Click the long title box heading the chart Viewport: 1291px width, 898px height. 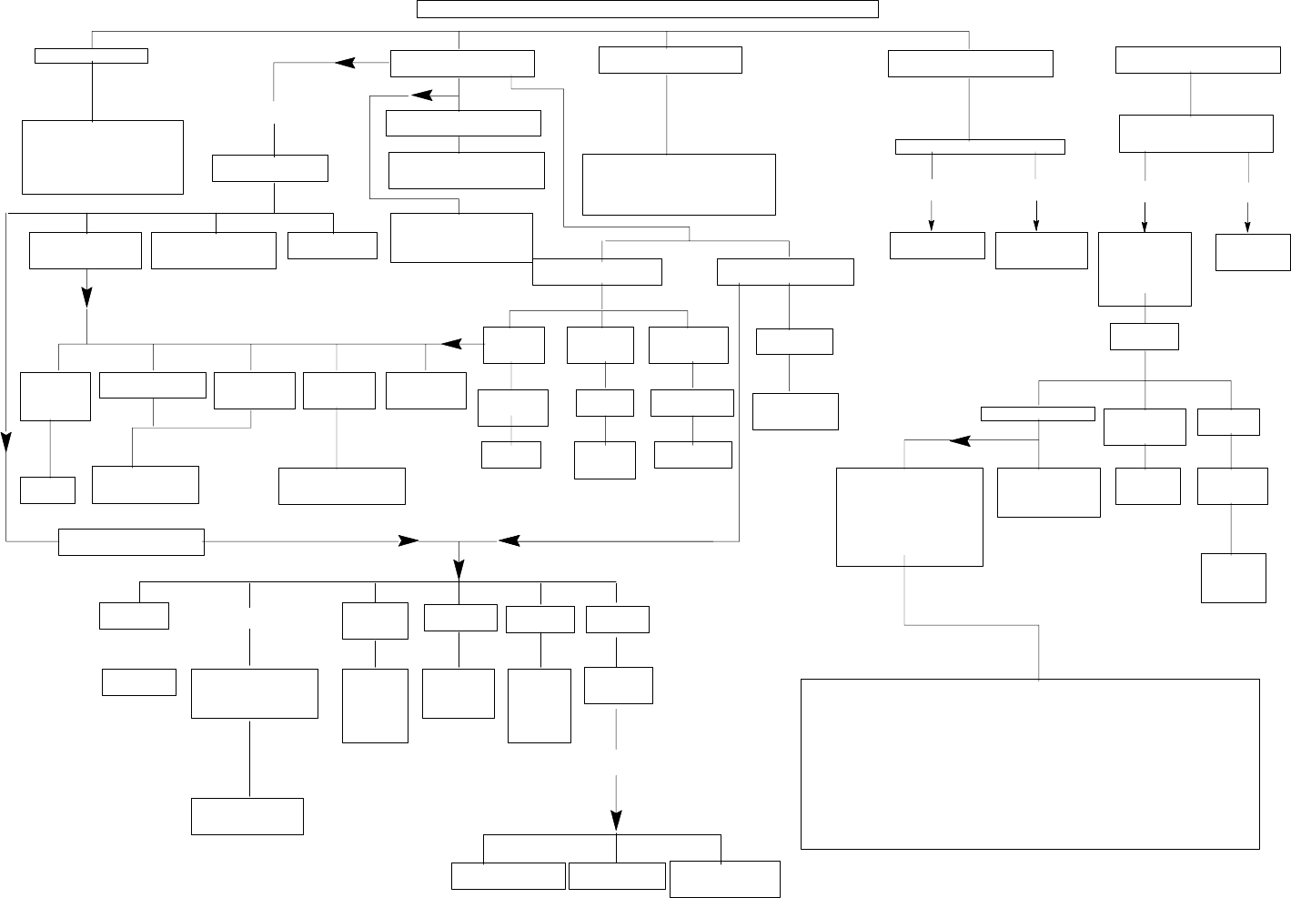coord(647,9)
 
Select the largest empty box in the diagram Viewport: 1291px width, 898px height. coord(1030,763)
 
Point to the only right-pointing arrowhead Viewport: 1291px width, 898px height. coord(408,541)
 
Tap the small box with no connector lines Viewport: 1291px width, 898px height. coord(138,682)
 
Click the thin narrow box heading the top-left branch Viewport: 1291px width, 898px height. coord(91,55)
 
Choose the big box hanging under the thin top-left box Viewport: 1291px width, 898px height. coord(102,156)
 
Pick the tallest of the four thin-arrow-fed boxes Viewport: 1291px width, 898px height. coord(1145,268)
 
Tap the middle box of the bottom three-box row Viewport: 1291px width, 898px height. coord(617,875)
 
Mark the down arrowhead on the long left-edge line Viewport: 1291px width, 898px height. coord(6,442)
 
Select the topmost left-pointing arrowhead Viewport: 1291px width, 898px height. coord(345,63)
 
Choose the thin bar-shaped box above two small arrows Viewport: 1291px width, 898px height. coord(980,146)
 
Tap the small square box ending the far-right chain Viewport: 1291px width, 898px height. coord(1233,578)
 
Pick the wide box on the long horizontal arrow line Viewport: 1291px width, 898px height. coord(131,541)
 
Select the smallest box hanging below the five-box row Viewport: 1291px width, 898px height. coord(47,489)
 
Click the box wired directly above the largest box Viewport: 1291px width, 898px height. coord(909,517)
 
